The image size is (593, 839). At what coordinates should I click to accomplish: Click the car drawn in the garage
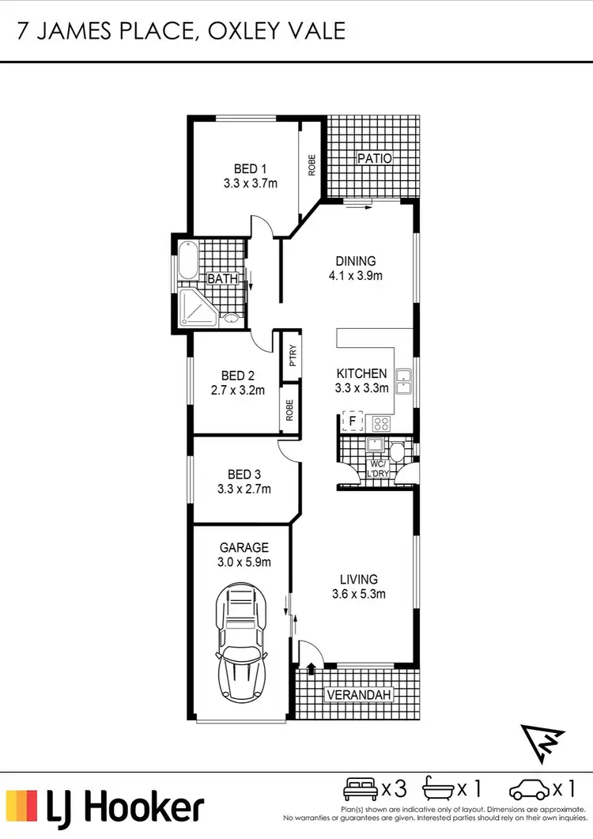[241, 641]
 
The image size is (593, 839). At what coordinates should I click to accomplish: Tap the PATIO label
[374, 158]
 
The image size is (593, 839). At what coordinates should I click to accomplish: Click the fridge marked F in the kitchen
[353, 421]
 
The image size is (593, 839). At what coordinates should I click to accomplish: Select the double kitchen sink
[403, 383]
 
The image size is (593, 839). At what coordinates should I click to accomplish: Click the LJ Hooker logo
[105, 807]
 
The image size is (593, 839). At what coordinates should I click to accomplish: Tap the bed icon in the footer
[361, 788]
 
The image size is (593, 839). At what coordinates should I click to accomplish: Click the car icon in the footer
[530, 788]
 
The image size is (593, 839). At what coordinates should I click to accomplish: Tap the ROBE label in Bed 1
[312, 164]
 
